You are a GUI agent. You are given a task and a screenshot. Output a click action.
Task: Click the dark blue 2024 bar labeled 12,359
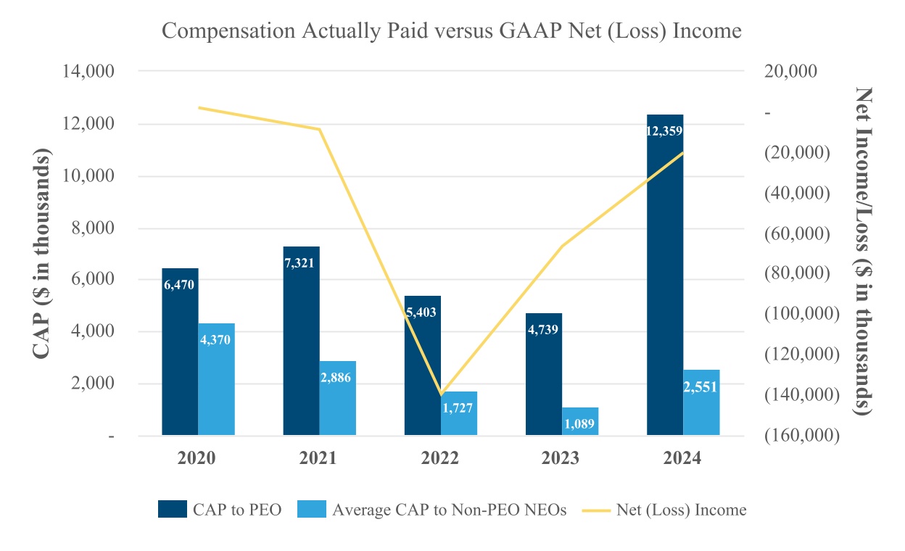pyautogui.click(x=665, y=275)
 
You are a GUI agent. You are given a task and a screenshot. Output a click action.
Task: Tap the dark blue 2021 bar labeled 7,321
pyautogui.click(x=301, y=341)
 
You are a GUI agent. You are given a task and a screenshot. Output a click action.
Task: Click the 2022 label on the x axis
pyautogui.click(x=439, y=459)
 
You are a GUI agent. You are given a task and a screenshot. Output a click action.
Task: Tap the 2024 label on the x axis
pyautogui.click(x=682, y=459)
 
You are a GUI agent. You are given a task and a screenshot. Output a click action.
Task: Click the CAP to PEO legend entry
pyautogui.click(x=220, y=510)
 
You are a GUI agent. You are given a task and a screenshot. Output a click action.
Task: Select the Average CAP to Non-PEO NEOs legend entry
pyautogui.click(x=434, y=510)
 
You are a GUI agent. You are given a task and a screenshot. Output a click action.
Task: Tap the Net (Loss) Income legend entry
pyautogui.click(x=664, y=510)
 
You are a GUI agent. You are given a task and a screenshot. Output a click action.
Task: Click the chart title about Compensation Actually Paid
pyautogui.click(x=452, y=31)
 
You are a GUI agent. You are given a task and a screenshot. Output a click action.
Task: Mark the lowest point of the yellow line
pyautogui.click(x=440, y=394)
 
